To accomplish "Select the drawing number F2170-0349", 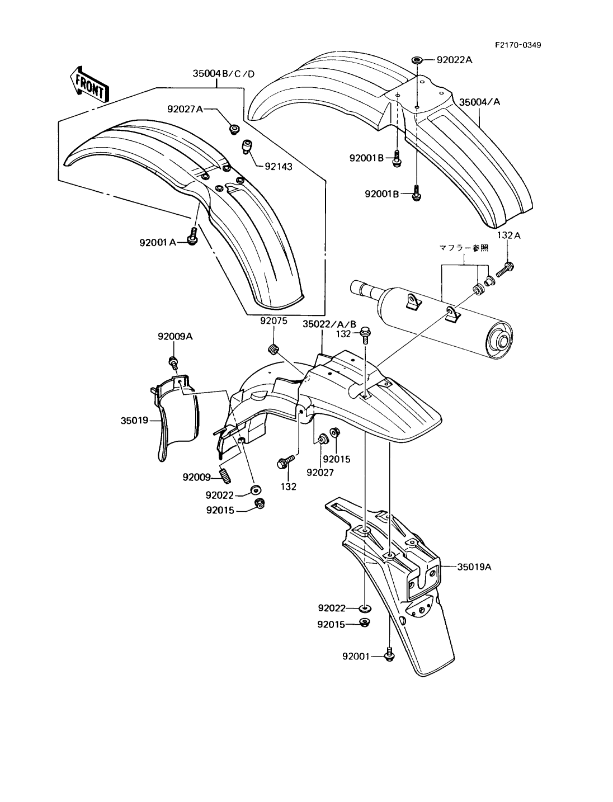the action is (x=518, y=45).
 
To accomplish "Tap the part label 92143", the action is (x=279, y=167).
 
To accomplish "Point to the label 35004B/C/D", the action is (x=224, y=74).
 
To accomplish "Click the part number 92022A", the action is (x=455, y=59).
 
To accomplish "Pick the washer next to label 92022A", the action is (x=417, y=59).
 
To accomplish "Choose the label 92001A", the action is (x=158, y=242).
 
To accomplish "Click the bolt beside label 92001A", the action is (x=192, y=235).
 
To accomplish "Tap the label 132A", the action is (x=508, y=235).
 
